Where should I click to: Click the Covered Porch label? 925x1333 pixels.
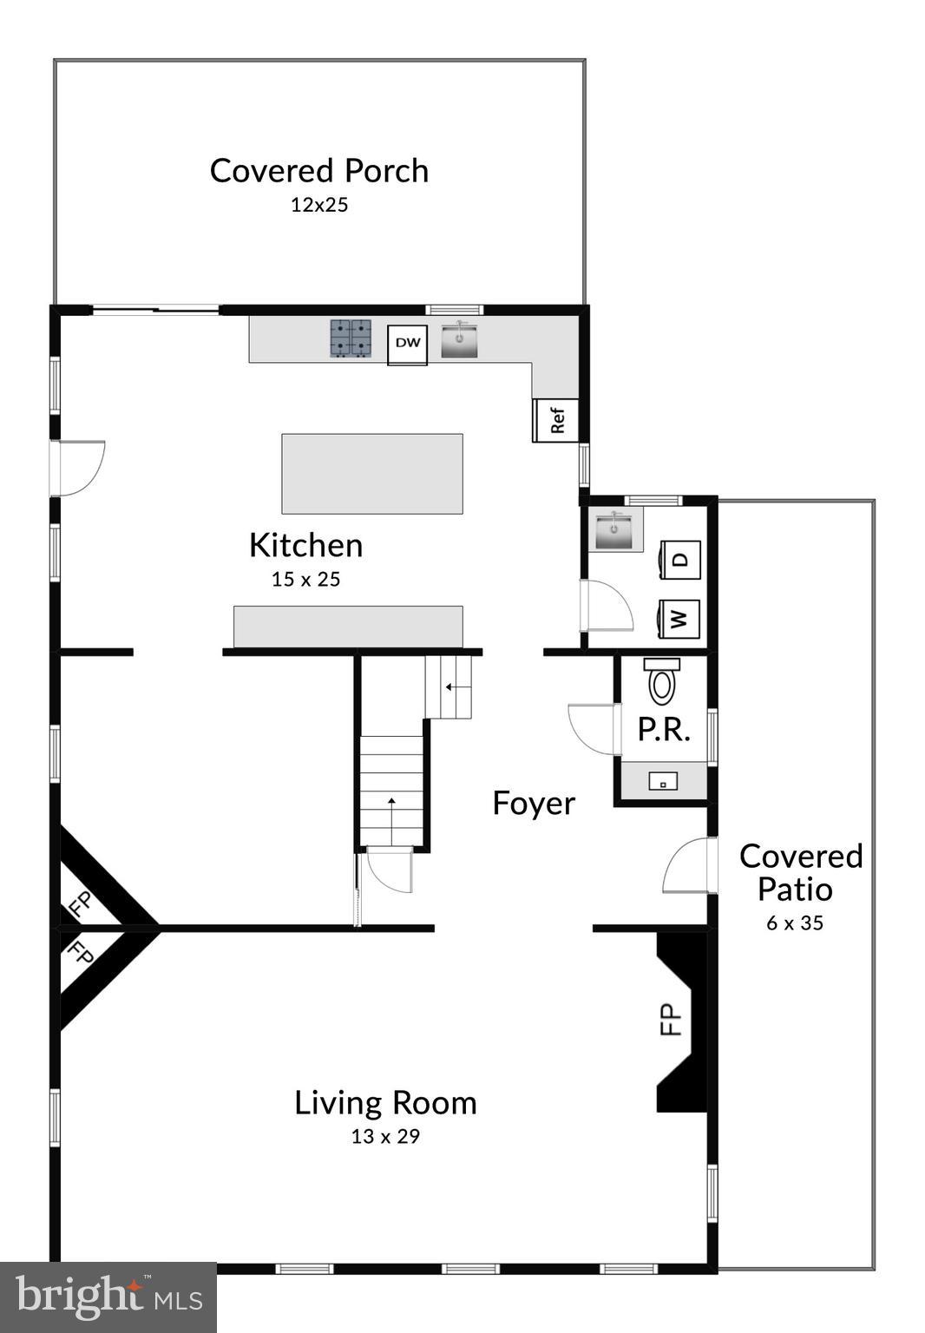(x=319, y=171)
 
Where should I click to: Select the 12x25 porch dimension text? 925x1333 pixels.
(x=319, y=206)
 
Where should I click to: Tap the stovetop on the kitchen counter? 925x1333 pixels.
(x=350, y=338)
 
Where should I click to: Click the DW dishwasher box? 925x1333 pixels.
(x=407, y=344)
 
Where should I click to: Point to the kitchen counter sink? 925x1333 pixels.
(x=459, y=339)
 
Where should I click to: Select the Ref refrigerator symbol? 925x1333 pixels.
(x=556, y=420)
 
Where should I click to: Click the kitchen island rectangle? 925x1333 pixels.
(x=371, y=474)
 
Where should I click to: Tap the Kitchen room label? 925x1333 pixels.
(x=305, y=545)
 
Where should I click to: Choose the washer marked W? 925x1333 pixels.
(x=679, y=619)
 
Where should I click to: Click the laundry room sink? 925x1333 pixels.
(x=615, y=529)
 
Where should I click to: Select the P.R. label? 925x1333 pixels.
(x=664, y=730)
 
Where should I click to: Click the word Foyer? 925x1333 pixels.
(x=534, y=803)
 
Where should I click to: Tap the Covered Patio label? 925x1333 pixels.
(x=800, y=872)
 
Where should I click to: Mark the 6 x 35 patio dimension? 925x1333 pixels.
(x=795, y=923)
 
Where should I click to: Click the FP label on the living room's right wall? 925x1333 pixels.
(x=672, y=1020)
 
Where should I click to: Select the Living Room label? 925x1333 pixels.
(x=385, y=1102)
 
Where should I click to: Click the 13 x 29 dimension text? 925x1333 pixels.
(x=385, y=1136)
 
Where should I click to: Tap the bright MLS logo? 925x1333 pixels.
(x=108, y=1297)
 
